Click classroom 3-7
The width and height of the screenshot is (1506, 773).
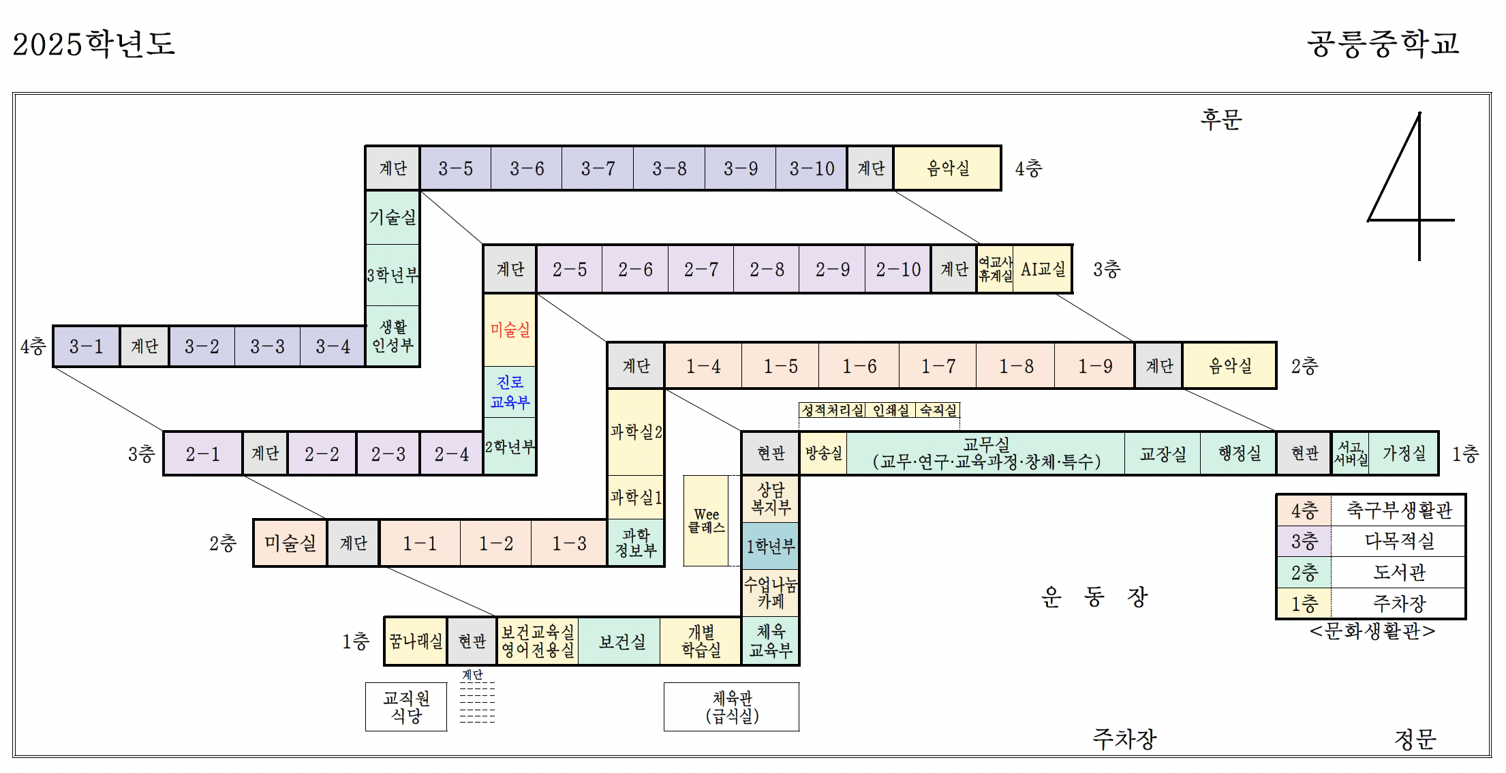598,168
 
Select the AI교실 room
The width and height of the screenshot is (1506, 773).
1043,269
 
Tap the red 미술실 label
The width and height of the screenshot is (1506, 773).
510,330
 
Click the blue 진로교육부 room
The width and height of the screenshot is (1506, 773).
510,392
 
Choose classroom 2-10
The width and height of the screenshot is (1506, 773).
898,269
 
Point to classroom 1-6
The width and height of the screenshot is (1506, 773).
859,366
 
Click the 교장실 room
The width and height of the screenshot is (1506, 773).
1163,453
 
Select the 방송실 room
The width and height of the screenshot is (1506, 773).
823,453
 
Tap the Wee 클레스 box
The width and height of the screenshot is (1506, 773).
706,521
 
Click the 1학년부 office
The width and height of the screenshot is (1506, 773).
770,546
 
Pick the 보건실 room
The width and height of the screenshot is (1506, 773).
621,641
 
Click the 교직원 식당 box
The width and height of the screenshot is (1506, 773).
406,707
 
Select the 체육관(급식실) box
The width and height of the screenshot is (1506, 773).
732,707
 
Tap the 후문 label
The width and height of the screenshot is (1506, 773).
1221,120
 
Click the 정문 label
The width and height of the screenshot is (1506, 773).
1415,739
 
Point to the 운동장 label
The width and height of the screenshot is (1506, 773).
1094,597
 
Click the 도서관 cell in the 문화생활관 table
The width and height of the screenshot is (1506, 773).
1398,573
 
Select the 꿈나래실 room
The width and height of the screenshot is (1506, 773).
416,641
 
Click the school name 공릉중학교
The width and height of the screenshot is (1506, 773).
1383,44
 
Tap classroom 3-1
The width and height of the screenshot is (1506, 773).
87,346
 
